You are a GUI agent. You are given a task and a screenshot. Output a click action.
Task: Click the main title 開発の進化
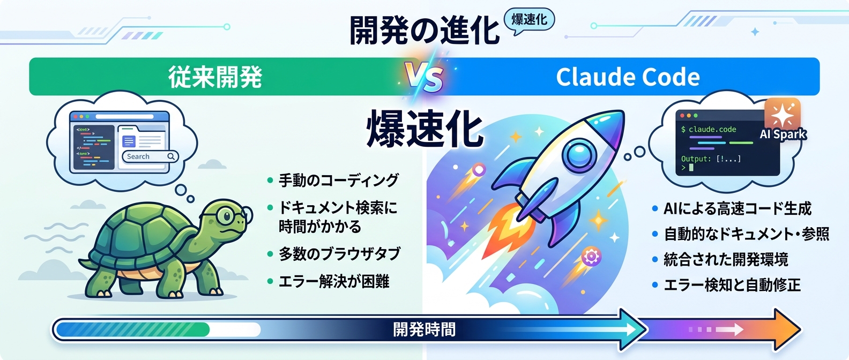tap(424, 30)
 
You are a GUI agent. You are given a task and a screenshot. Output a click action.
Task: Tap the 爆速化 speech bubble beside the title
tap(529, 20)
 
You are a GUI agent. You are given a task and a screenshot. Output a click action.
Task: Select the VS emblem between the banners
tap(424, 78)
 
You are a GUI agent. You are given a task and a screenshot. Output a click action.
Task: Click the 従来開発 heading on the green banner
tap(215, 77)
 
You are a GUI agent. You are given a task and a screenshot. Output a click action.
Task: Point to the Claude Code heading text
tap(628, 77)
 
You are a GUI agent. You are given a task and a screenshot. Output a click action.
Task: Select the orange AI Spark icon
tap(783, 114)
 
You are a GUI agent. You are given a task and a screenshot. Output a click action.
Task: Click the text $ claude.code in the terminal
tap(709, 129)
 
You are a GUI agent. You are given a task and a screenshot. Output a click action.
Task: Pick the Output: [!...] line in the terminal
tap(711, 159)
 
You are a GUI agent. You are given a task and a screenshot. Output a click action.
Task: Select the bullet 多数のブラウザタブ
tap(339, 253)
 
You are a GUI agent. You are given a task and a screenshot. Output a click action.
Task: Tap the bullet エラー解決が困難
tap(334, 281)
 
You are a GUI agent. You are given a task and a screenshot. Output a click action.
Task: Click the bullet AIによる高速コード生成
tap(738, 208)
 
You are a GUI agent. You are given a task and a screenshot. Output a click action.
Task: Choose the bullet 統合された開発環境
tap(726, 259)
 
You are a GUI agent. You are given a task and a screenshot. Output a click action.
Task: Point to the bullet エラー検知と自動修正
tap(732, 285)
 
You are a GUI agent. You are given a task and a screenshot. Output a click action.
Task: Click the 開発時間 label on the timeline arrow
tap(424, 329)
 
